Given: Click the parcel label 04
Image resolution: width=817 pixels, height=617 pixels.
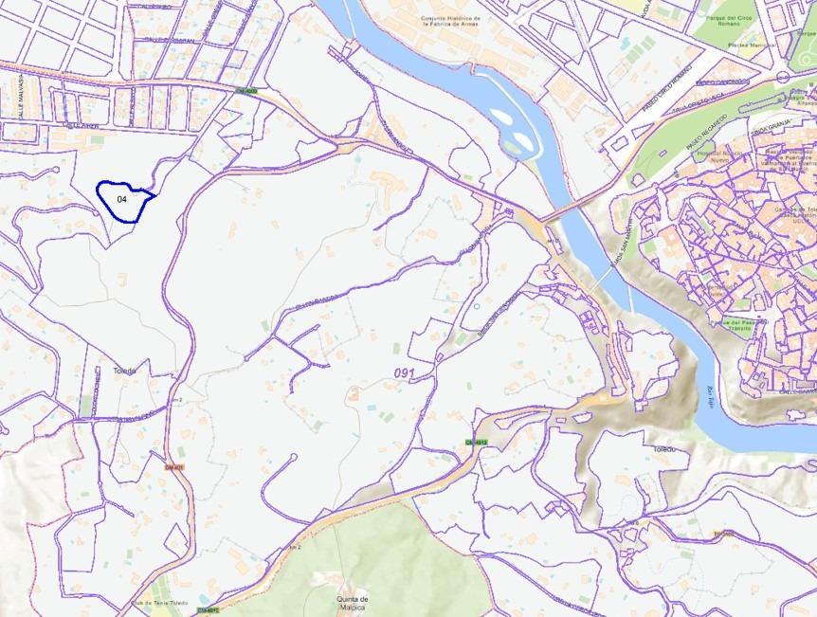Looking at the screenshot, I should tap(122, 200).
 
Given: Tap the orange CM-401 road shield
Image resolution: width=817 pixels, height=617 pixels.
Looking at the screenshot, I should tap(173, 466).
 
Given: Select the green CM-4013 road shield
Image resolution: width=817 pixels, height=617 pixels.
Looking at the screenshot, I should tap(475, 443).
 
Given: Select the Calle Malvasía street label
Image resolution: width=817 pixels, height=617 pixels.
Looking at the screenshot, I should tap(18, 100).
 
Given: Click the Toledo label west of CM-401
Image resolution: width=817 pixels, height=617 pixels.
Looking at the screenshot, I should tap(124, 371).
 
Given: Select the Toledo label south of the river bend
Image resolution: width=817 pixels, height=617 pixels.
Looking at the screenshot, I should tap(663, 448).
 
